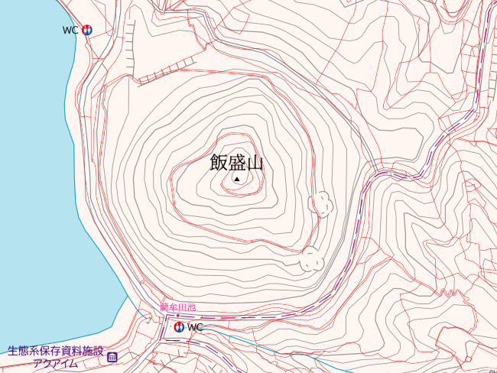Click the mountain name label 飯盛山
236,162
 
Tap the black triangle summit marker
237,179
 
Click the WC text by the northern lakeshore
70,31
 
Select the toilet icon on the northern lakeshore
86,31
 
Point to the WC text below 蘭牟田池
195,327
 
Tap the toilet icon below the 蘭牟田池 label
178,326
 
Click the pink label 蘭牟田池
177,307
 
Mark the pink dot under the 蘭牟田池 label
178,315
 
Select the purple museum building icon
112,357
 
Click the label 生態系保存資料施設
55,352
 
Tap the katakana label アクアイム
55,363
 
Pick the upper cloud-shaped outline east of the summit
321,203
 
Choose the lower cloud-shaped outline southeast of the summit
312,258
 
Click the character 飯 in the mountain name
219,162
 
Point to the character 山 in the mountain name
255,162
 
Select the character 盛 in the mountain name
236,162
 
